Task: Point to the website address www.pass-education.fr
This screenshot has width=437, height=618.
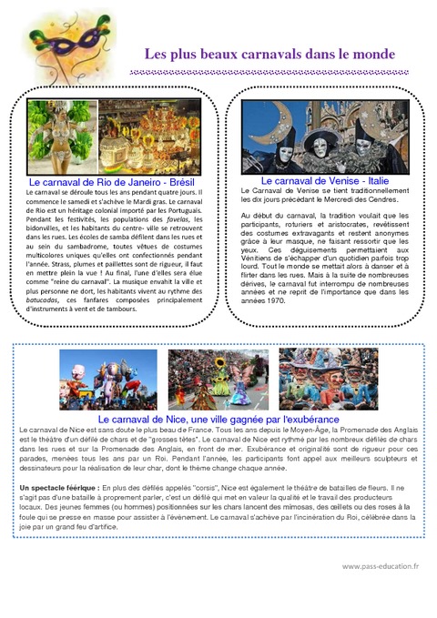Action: [381, 565]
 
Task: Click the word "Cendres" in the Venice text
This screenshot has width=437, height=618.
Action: [383, 199]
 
